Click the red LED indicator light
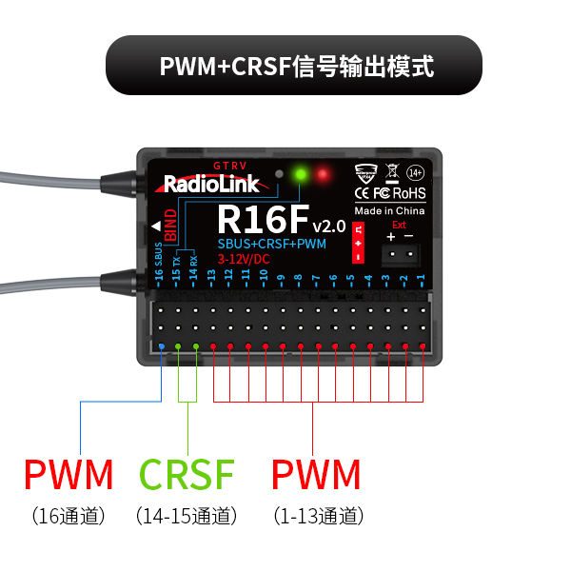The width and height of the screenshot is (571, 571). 324,175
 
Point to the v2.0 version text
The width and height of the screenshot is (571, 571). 328,226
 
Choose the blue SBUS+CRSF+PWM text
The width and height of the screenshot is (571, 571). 271,245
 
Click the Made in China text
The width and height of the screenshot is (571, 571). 389,210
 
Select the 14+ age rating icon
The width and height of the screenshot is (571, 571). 416,173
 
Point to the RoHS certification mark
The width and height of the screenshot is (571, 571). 410,193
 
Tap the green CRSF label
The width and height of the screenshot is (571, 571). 187,473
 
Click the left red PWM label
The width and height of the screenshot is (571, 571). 69,473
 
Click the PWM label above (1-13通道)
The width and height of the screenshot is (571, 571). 316,473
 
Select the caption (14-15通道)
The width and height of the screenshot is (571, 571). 187,517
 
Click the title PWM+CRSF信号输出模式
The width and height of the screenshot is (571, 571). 296,67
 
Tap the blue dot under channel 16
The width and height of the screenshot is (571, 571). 161,346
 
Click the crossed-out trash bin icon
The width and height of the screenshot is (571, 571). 391,173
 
